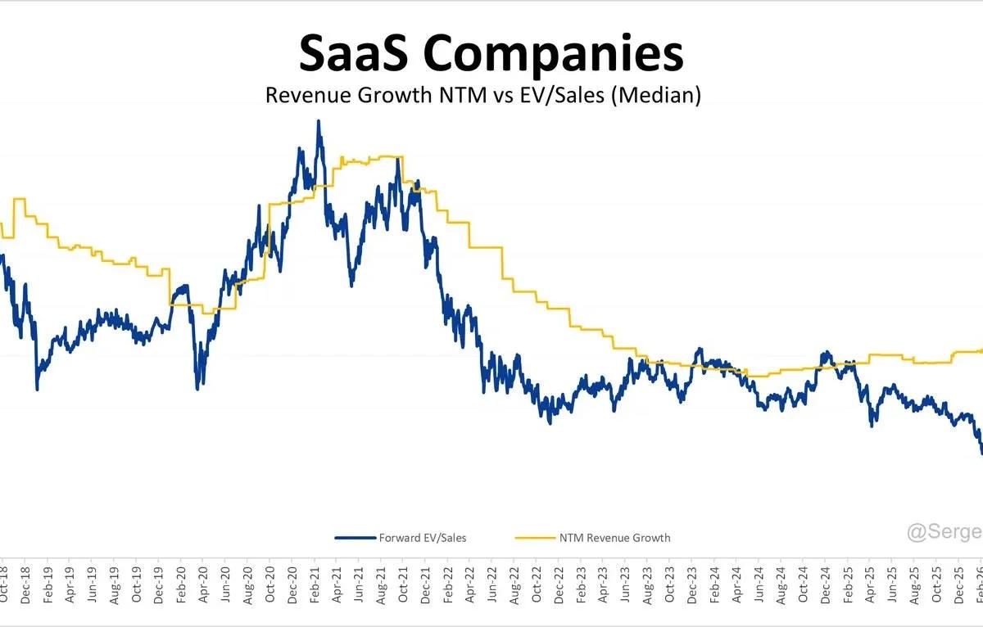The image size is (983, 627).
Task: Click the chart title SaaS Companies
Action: pyautogui.click(x=491, y=54)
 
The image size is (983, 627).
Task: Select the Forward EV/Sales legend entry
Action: pyautogui.click(x=422, y=538)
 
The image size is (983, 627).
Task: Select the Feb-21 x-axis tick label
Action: pyautogui.click(x=315, y=584)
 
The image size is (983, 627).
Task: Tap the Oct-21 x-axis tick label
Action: pyautogui.click(x=403, y=584)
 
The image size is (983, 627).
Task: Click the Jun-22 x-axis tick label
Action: pyautogui.click(x=492, y=584)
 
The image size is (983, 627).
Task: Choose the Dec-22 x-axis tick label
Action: pyautogui.click(x=559, y=584)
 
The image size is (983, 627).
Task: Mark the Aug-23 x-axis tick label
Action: pyautogui.click(x=648, y=584)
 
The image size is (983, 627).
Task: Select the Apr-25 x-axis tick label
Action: pyautogui.click(x=870, y=584)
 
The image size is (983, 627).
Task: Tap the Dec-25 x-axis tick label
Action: pyautogui.click(x=958, y=584)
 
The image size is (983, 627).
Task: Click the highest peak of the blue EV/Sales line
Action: pyautogui.click(x=318, y=122)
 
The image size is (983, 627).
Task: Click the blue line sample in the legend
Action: pyautogui.click(x=355, y=538)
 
